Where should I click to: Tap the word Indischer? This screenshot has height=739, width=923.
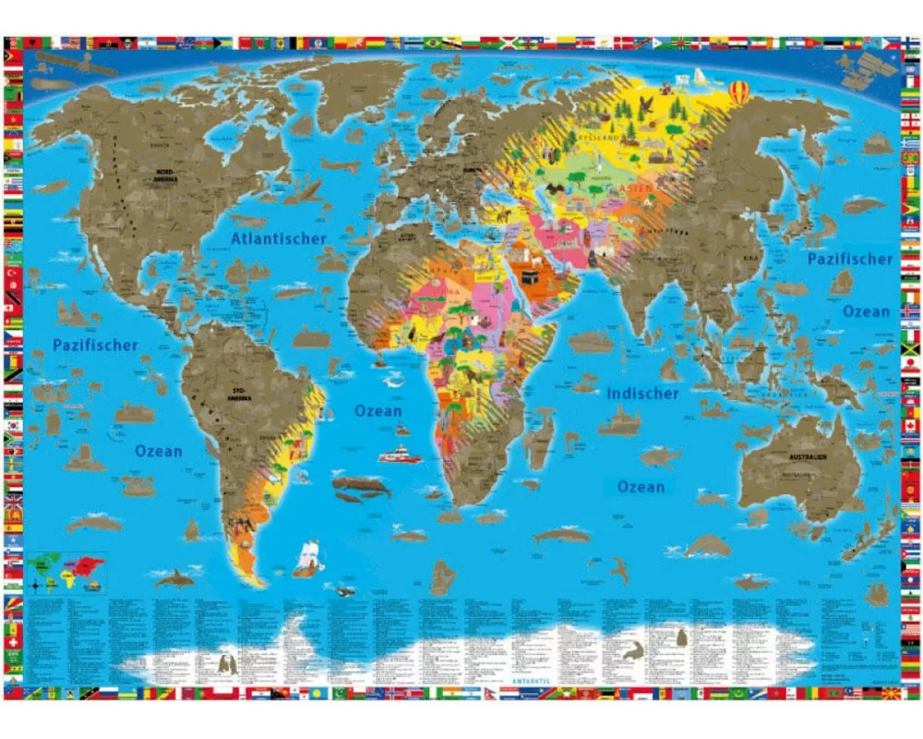pyautogui.click(x=642, y=394)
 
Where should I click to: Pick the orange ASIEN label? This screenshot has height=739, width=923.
pyautogui.click(x=638, y=188)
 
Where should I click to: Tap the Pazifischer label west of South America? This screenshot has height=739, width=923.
pyautogui.click(x=95, y=345)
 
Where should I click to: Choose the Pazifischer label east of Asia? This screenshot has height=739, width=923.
pyautogui.click(x=850, y=260)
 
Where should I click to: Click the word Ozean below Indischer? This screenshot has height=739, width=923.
pyautogui.click(x=641, y=487)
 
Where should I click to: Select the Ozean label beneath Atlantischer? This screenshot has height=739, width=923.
pyautogui.click(x=378, y=411)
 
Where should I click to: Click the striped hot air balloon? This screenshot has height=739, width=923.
pyautogui.click(x=740, y=91)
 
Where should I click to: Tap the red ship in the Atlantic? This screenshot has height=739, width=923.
pyautogui.click(x=399, y=454)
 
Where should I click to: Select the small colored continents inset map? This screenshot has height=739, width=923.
pyautogui.click(x=66, y=571)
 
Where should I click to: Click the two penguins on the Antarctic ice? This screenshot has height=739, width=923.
pyautogui.click(x=226, y=663)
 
